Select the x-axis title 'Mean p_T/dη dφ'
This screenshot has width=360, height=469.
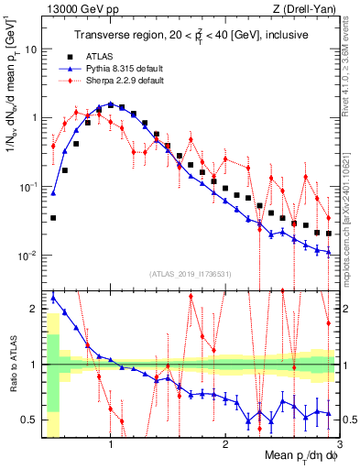tap(296, 455)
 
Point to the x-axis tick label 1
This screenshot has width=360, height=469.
tap(111, 444)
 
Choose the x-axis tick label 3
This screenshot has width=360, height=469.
tap(338, 444)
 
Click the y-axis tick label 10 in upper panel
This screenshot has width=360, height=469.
tap(31, 49)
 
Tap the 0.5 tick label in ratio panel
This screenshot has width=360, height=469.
tap(30, 420)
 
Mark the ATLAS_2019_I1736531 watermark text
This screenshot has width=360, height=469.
tap(190, 273)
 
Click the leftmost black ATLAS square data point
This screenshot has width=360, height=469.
tap(53, 218)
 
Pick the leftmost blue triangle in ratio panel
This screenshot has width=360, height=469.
tap(53, 298)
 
